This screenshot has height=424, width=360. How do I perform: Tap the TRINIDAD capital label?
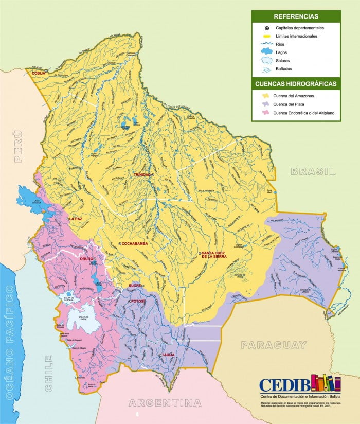142,175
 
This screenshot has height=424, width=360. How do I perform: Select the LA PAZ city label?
76,219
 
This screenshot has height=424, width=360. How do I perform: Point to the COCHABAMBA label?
135,243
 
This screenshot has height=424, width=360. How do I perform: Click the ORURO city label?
86,259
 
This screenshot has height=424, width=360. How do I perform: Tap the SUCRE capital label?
134,285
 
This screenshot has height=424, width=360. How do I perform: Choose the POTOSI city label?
139,301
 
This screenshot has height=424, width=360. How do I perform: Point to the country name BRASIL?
313,171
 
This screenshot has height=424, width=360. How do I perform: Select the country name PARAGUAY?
274,345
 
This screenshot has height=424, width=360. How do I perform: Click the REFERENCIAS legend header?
296,16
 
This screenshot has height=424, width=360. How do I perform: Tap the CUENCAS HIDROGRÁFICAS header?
296,83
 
